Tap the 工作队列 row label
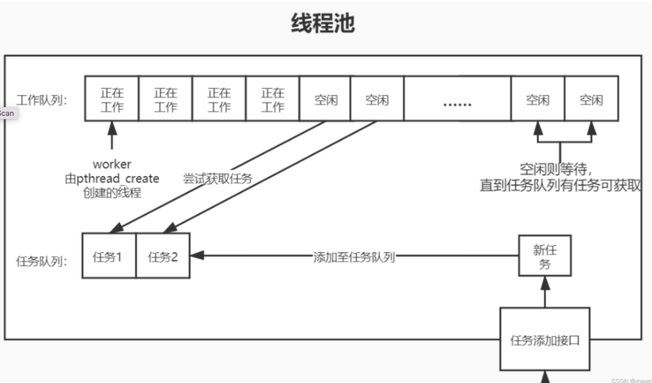(x=42, y=99)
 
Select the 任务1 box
(x=108, y=256)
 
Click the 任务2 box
(x=163, y=256)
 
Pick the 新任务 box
(x=544, y=256)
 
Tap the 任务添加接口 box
(x=544, y=340)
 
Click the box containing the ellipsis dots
(x=457, y=99)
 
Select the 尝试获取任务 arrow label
(x=218, y=178)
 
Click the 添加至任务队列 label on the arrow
(x=354, y=257)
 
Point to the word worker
(x=112, y=164)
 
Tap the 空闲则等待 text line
(x=559, y=169)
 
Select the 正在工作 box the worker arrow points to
(x=111, y=99)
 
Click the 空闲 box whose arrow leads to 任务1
(x=325, y=99)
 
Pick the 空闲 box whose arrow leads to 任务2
(x=377, y=99)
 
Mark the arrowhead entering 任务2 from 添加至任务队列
(x=197, y=256)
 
